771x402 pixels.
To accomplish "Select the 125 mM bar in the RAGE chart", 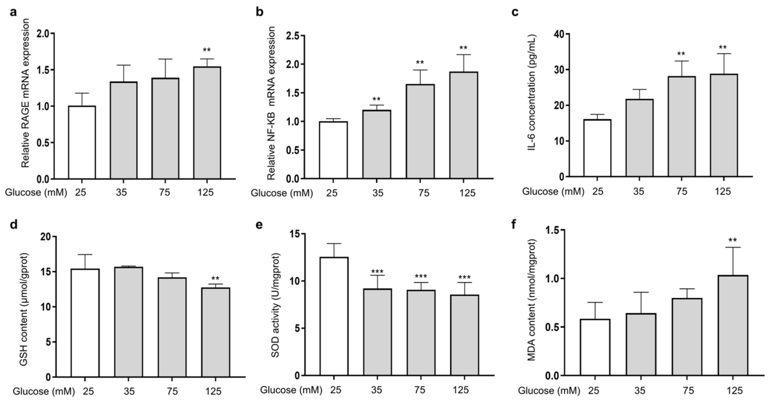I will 207,123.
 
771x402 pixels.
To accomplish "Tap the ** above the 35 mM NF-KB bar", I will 376,99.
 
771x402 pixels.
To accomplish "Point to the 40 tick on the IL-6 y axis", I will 558,34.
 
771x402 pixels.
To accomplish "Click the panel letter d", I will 13,225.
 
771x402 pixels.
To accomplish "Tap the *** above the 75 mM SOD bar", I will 421,276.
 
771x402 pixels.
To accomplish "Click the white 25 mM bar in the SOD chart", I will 334,316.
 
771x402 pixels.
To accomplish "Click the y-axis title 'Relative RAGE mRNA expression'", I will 26,93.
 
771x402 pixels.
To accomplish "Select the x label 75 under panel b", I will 423,193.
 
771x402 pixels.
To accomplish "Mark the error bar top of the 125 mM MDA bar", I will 733,247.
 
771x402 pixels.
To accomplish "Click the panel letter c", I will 515,13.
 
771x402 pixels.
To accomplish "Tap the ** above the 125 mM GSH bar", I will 215,279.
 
